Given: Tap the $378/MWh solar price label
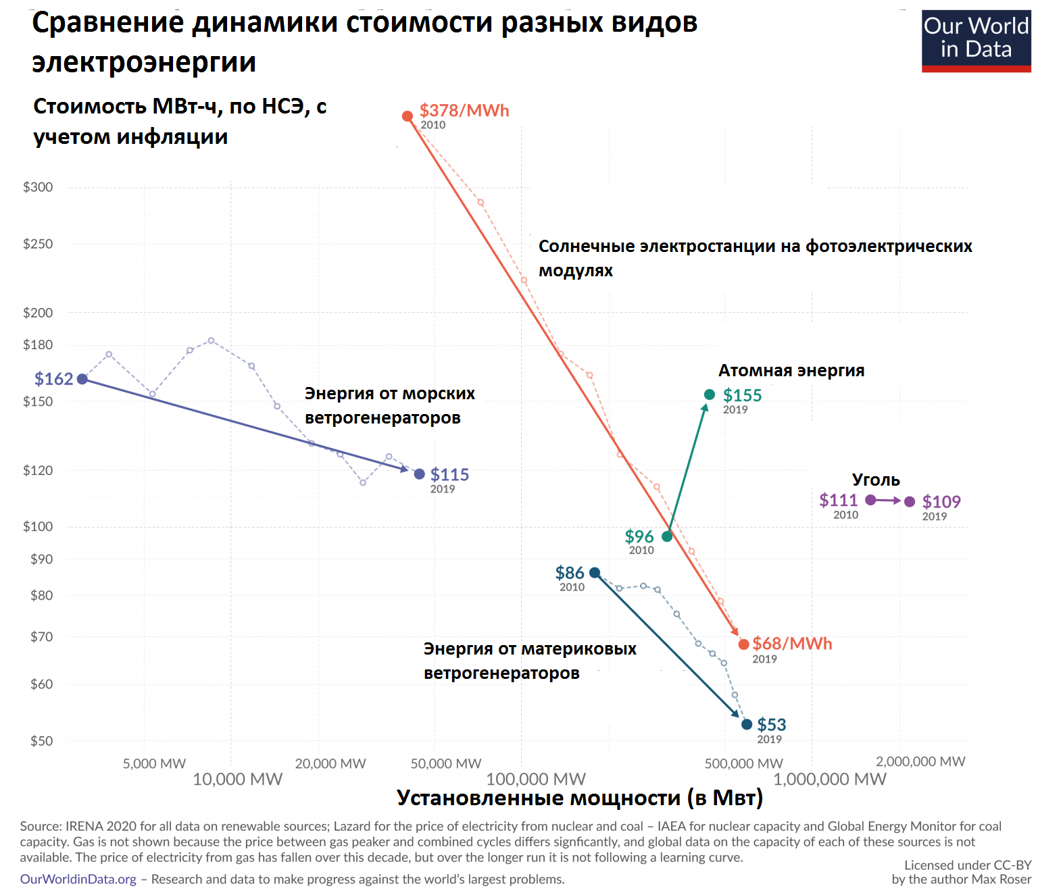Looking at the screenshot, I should [x=464, y=111].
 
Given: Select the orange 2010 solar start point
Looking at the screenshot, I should [x=407, y=116].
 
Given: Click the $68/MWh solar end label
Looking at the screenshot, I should [x=791, y=644].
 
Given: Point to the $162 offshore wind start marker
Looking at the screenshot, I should [x=82, y=379].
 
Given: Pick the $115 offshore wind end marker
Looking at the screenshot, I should [x=420, y=474].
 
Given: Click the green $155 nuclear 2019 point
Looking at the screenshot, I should [x=710, y=394].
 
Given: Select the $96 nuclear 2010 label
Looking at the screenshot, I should [x=639, y=537].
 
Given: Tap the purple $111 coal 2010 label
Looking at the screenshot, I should [x=838, y=501].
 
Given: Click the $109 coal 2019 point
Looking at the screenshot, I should [x=910, y=502].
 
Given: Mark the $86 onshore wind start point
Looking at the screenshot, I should [x=595, y=573].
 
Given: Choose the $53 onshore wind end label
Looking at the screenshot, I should [x=771, y=725].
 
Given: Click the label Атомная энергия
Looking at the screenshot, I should [x=791, y=371].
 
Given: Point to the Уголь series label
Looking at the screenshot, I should [x=876, y=480].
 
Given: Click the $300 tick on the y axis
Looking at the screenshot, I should [x=38, y=187].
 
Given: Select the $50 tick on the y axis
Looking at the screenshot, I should [x=41, y=741].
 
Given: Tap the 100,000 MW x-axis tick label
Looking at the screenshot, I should [x=536, y=780].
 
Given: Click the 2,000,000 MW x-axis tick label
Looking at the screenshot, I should [x=920, y=762].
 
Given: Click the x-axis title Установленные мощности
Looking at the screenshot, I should [x=579, y=798].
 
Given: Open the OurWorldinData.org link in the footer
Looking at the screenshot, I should [x=78, y=879].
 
